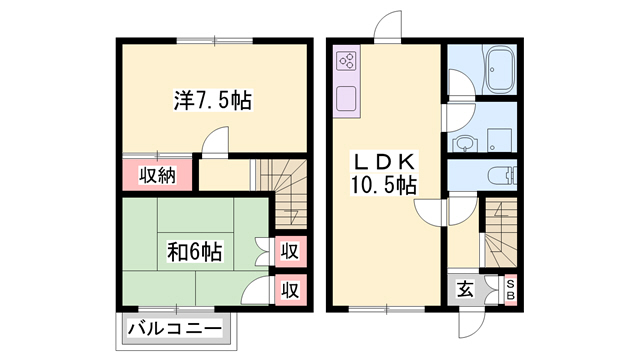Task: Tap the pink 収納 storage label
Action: [x=157, y=176]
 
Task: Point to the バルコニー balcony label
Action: [x=174, y=326]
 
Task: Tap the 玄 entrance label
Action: [x=465, y=291]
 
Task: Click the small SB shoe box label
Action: [x=509, y=290]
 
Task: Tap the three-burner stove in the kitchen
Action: [x=348, y=61]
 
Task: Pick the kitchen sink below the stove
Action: [x=348, y=99]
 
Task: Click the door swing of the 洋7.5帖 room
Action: [x=216, y=144]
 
